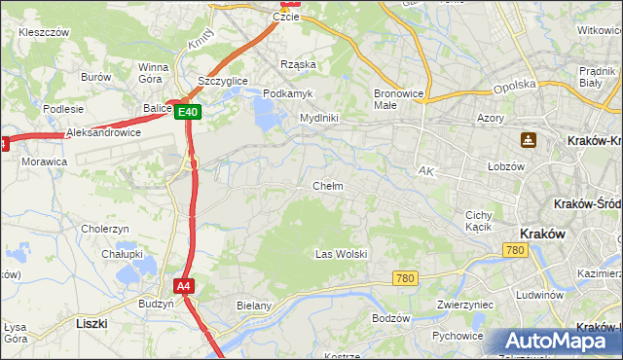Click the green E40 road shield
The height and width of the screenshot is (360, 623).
(x=189, y=113)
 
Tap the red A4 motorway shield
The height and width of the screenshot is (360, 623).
(x=184, y=286)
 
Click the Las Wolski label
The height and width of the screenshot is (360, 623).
(x=341, y=254)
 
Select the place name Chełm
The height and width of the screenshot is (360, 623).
(x=327, y=186)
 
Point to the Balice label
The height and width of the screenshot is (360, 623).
(x=157, y=109)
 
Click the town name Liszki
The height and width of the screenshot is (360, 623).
(x=92, y=322)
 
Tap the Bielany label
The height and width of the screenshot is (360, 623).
(x=253, y=305)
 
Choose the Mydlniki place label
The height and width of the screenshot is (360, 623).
(x=318, y=118)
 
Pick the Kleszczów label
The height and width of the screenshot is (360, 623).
(x=44, y=32)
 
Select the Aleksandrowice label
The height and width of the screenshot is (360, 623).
(x=103, y=132)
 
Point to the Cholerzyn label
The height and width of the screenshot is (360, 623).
(x=105, y=229)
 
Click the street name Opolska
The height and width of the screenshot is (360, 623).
(x=515, y=85)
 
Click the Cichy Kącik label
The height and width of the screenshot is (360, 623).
(x=480, y=221)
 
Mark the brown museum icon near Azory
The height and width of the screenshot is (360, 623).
(x=528, y=140)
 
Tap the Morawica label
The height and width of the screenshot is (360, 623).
(x=44, y=161)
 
